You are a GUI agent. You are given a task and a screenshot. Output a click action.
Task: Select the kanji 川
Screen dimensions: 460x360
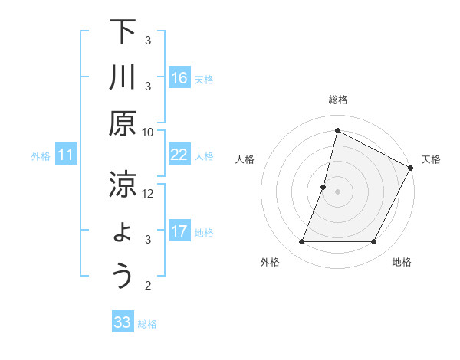tap(122, 79)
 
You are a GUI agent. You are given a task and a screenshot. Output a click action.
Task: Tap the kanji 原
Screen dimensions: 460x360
tap(122, 125)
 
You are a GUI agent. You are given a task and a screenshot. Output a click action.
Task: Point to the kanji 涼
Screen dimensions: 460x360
tap(122, 185)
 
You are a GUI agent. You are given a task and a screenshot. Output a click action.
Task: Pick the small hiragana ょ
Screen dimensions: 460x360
tap(122, 234)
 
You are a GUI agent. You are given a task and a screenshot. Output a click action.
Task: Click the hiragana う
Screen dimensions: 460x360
tap(122, 277)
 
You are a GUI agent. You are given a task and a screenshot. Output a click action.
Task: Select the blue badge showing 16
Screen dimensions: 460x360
tap(179, 77)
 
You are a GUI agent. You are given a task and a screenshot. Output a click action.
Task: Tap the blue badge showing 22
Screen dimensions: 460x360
tap(179, 155)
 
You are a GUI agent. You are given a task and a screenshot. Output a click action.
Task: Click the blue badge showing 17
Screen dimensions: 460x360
tap(179, 231)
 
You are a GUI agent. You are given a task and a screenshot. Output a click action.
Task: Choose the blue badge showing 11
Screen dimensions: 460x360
tap(66, 155)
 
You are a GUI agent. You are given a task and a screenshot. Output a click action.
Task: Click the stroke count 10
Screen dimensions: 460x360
tap(148, 132)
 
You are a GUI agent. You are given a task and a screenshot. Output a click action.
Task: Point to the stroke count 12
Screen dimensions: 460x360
tap(148, 193)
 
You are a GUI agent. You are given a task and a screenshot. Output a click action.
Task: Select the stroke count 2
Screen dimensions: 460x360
tap(148, 286)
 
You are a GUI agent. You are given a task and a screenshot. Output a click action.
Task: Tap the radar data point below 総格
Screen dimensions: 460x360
tap(337, 130)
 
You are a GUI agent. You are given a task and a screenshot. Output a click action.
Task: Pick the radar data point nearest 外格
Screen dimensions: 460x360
tap(301, 242)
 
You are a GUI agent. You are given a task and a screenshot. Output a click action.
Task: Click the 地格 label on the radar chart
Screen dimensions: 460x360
tap(402, 262)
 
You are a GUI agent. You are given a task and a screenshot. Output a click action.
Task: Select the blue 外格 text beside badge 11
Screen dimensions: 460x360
tap(41, 156)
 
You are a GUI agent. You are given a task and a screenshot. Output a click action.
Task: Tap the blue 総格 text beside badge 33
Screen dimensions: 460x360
tap(147, 324)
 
